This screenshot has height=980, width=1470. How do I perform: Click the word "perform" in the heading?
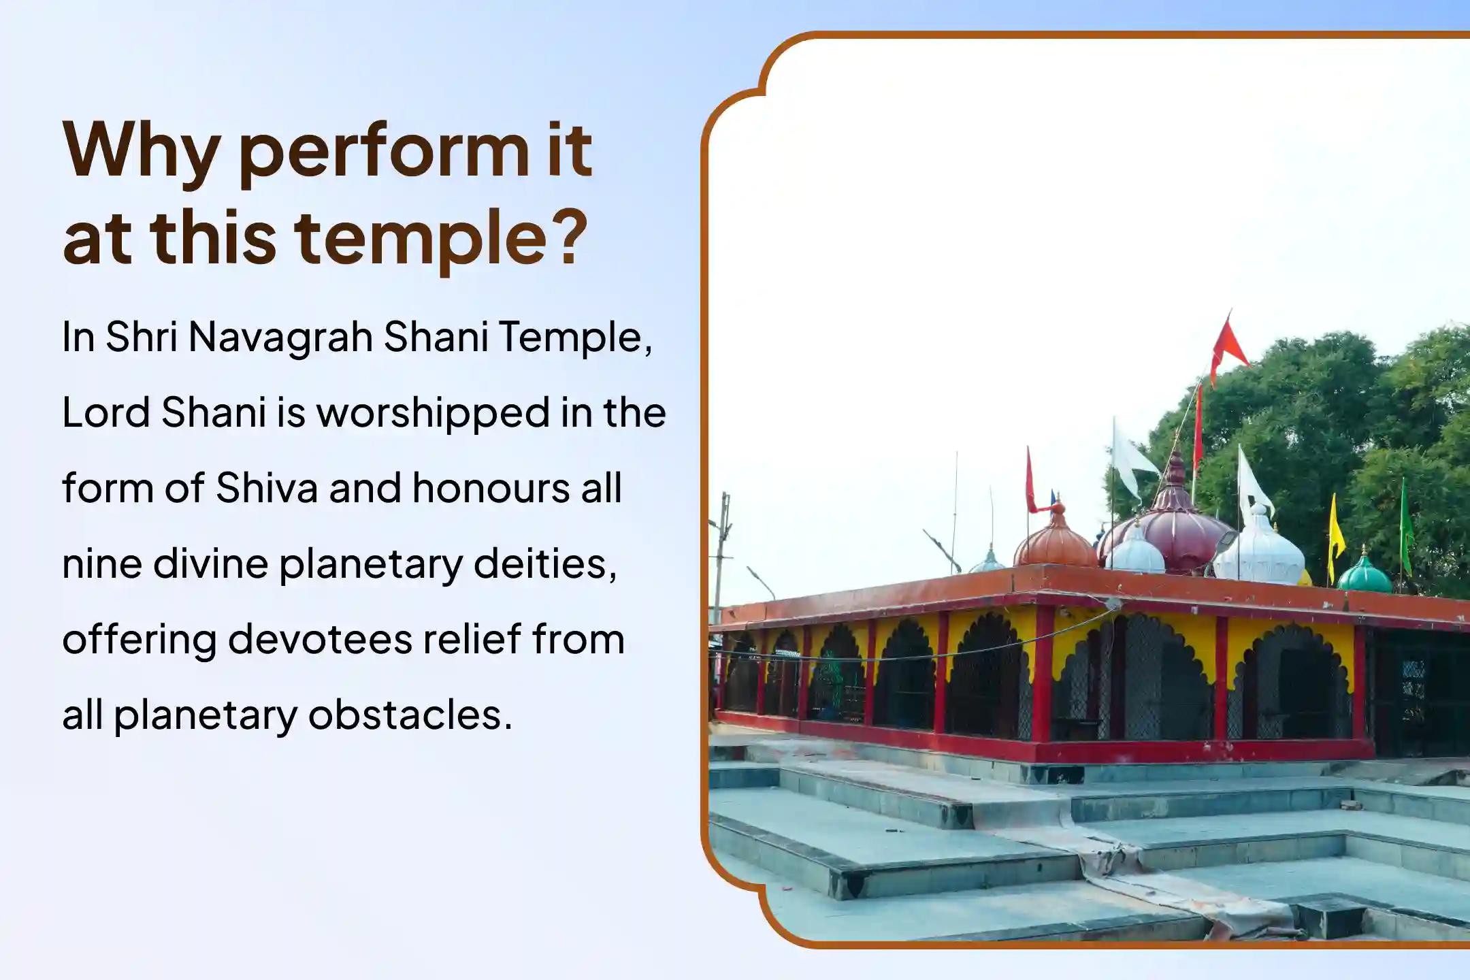point(383,151)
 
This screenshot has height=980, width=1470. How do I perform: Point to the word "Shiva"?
point(267,488)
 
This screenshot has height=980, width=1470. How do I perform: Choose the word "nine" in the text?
point(101,563)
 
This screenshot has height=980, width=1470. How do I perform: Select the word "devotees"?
point(320,639)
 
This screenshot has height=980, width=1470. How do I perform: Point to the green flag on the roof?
point(1406,521)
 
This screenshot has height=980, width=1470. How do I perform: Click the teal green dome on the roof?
point(1364,576)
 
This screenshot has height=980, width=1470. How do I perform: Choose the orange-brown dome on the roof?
point(1056,544)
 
